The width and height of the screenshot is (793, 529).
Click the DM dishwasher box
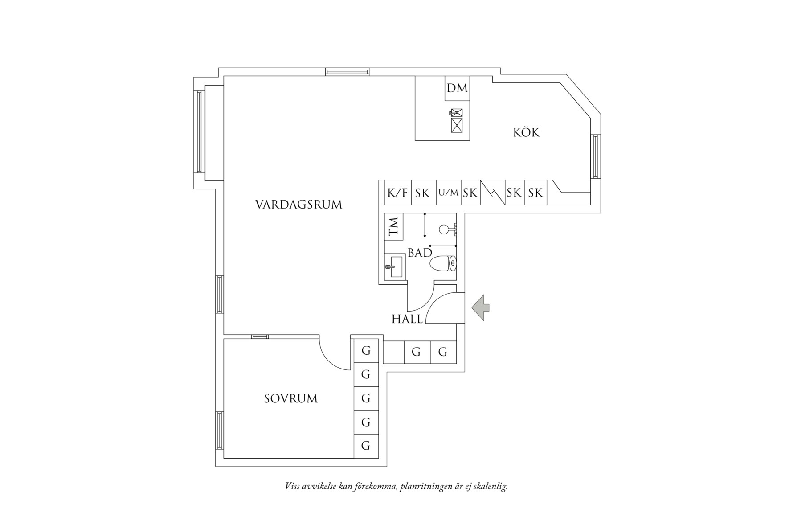[457, 88]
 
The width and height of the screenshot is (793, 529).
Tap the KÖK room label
[526, 132]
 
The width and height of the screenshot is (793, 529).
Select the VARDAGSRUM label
[298, 205]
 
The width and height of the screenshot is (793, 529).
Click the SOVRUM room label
[290, 398]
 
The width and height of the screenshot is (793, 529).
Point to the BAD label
[420, 253]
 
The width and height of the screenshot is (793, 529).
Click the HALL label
[407, 319]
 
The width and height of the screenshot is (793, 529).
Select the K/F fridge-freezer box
[397, 193]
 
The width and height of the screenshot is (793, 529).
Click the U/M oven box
[448, 193]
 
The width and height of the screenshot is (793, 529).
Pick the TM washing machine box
[394, 226]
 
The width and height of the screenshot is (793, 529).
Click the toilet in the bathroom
[443, 263]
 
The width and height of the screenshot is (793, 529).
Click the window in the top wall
[347, 71]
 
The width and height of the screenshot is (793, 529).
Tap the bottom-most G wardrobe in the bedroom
[366, 446]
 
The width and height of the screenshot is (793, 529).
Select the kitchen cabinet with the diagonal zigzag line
[492, 193]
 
